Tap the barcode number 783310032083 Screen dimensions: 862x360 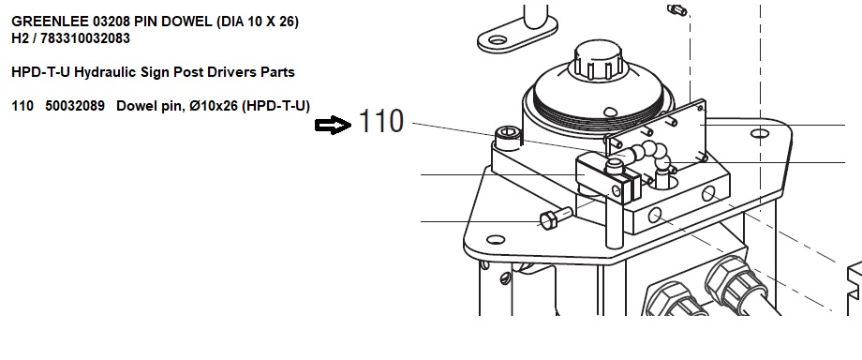[x=85, y=38]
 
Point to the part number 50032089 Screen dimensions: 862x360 [x=75, y=106]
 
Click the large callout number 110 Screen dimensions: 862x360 [x=381, y=121]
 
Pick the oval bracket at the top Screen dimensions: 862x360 [x=517, y=34]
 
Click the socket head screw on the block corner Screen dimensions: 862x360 [x=508, y=138]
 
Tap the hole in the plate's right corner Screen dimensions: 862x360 [x=759, y=133]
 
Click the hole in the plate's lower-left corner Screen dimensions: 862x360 [x=496, y=239]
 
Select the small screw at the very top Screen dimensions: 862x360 [x=676, y=10]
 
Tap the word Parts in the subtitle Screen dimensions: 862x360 [x=277, y=73]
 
